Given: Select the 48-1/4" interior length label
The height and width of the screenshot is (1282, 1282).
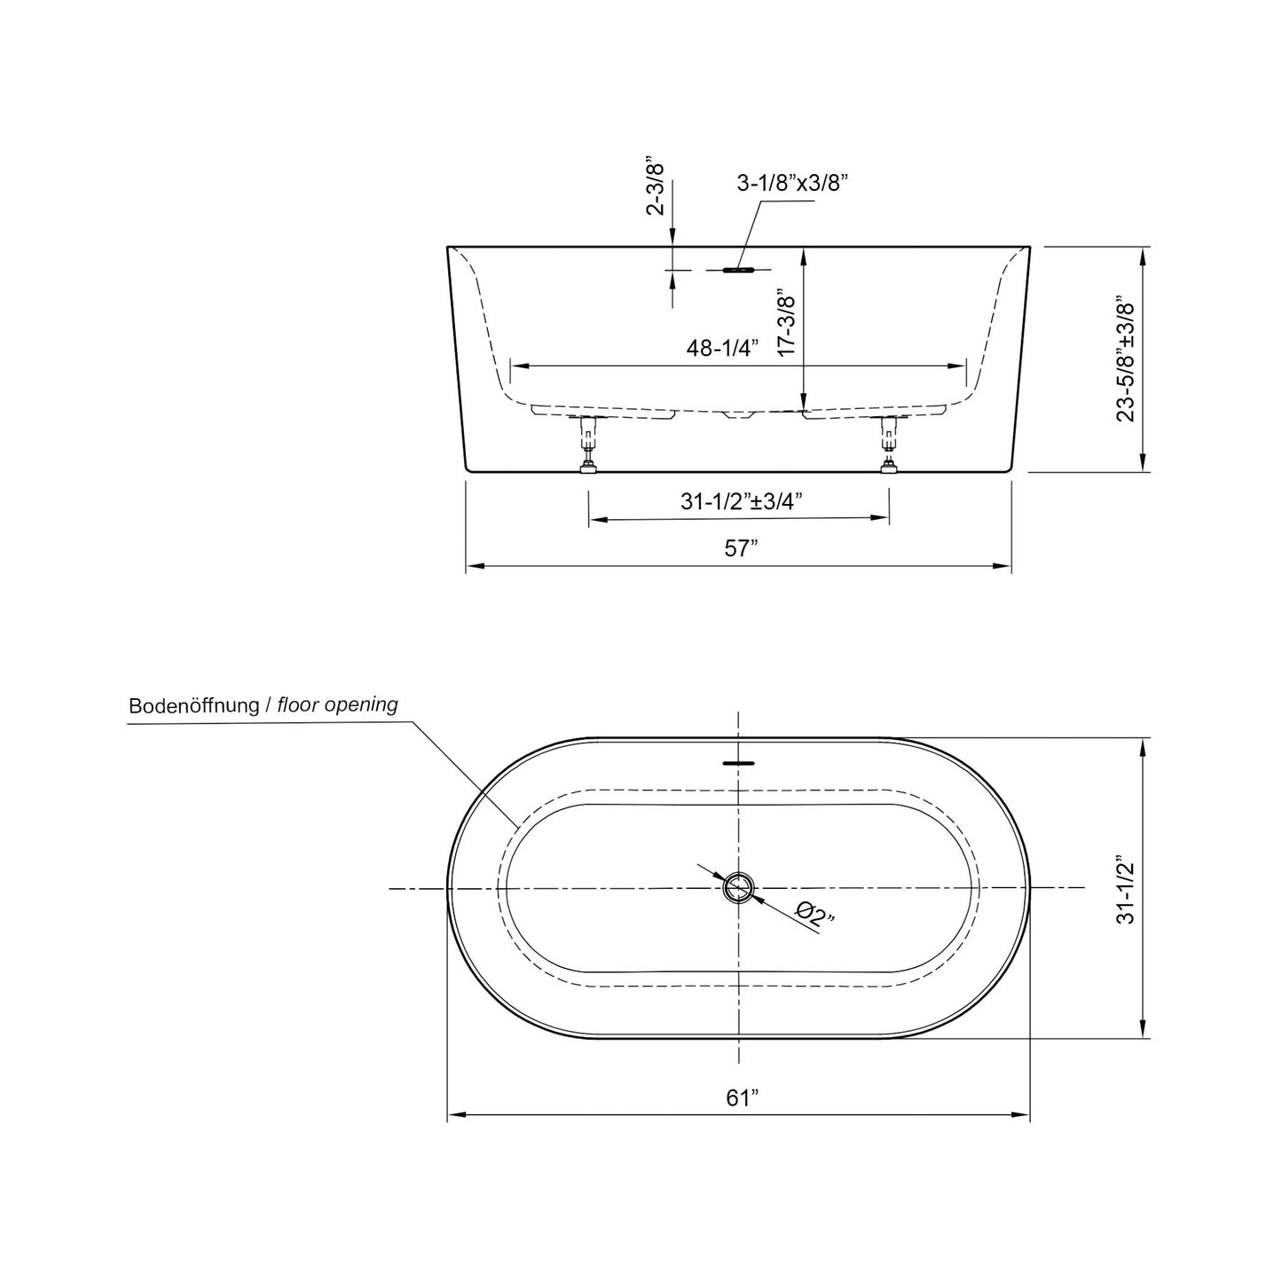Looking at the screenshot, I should tap(724, 349).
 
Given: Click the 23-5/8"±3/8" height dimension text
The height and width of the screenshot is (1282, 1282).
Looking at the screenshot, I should tap(1127, 358).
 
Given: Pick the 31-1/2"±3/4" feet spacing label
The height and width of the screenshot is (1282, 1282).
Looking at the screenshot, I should tap(741, 501).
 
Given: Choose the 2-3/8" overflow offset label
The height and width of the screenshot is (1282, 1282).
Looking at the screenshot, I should tap(657, 188).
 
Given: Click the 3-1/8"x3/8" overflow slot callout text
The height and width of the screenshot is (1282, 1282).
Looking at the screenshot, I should tap(793, 184).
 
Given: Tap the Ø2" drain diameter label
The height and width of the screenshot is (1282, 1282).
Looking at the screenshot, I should tap(814, 913).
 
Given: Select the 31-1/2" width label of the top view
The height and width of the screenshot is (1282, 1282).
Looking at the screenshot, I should tap(1126, 890).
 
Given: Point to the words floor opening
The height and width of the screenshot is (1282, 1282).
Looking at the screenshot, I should tap(337, 705).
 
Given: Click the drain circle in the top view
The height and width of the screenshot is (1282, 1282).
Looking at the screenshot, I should tap(738, 887).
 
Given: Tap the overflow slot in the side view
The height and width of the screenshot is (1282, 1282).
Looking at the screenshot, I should tap(737, 269).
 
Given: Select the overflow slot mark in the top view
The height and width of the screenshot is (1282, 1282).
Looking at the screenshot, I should tap(738, 761).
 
